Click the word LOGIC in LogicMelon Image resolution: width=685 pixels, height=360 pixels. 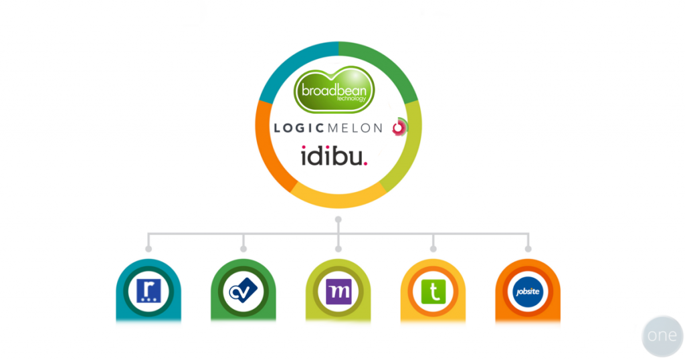[x=298, y=128]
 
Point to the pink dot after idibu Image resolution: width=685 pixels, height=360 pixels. [x=365, y=163]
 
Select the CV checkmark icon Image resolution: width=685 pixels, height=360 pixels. [x=243, y=292]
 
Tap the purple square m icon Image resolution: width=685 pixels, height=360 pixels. [x=338, y=292]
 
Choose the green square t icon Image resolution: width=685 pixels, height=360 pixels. [x=433, y=292]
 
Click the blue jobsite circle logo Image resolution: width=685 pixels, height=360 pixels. [x=528, y=292]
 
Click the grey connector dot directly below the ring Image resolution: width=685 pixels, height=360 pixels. [x=338, y=219]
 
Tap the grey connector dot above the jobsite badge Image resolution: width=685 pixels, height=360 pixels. [x=528, y=249]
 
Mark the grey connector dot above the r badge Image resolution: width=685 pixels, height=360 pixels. [x=149, y=249]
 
